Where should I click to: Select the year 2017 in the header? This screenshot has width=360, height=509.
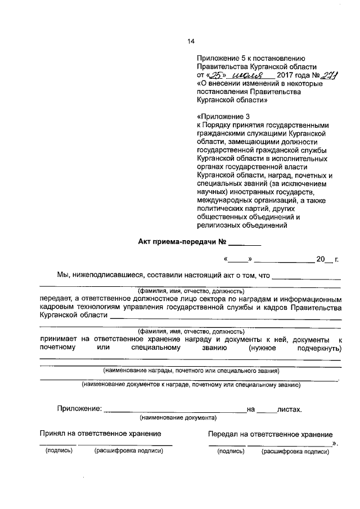tap(286, 75)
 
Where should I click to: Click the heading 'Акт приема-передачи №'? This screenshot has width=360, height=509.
tap(182, 242)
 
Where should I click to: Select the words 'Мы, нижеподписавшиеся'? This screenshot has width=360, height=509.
tap(100, 276)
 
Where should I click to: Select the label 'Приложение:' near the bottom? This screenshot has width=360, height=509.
tap(79, 409)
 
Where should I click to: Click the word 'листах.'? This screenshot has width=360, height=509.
tap(289, 409)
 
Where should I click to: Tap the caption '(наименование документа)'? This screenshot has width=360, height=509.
tap(177, 418)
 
